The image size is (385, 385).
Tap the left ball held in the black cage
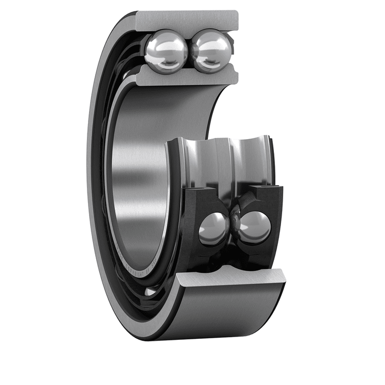click(213, 228)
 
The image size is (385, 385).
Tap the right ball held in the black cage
click(255, 227)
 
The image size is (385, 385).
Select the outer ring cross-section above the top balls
click(187, 20)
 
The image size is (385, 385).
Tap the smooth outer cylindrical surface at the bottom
click(231, 313)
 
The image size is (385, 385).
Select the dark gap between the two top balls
click(189, 52)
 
